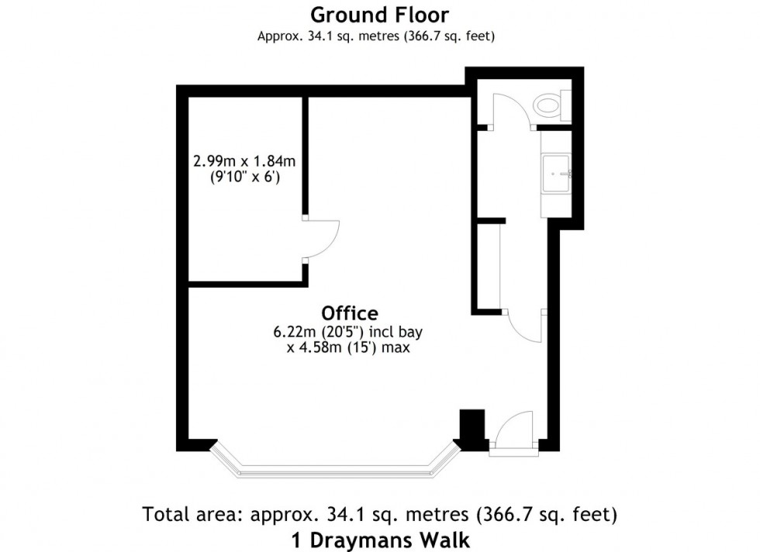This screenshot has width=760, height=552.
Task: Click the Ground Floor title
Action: point(379,15)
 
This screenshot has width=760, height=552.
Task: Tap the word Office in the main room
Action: point(350,313)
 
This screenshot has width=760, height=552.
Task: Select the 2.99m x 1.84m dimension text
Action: point(245,162)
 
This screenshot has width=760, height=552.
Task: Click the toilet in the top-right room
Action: point(549,104)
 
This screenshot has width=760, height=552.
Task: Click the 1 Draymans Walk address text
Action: point(380,539)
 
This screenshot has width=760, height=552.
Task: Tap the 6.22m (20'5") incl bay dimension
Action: point(347,333)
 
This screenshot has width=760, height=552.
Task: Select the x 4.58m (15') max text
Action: point(347,348)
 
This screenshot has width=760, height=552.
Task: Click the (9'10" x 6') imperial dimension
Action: point(245,178)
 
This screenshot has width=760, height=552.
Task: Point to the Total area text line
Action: point(379,514)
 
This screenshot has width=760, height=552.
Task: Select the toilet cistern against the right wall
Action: point(566,104)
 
